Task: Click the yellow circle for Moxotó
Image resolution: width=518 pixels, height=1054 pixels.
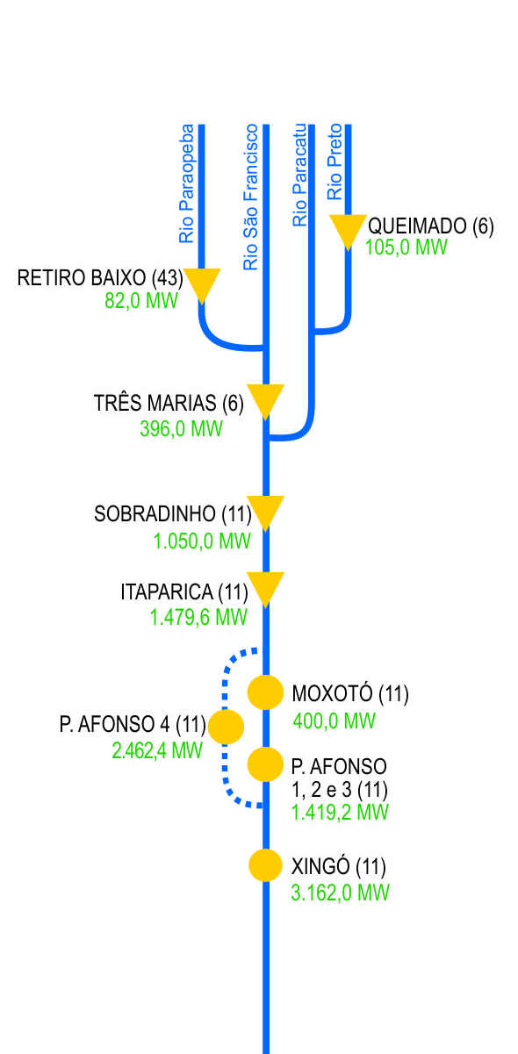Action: coord(266,692)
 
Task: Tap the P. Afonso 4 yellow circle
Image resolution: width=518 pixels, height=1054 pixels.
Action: coord(226,727)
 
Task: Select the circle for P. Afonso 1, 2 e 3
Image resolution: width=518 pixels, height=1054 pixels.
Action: coord(266,764)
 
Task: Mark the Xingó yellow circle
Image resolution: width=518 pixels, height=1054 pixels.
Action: coord(266,864)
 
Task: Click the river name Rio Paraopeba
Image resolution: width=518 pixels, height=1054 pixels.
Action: coord(186,183)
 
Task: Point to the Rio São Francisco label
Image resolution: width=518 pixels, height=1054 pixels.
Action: coord(250,197)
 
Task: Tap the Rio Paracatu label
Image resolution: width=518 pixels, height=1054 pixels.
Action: coord(299,175)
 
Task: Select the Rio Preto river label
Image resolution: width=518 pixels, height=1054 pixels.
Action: coord(335,161)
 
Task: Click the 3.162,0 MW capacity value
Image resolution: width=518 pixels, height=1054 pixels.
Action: coord(341,893)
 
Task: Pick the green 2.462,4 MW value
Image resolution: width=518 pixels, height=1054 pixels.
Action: coord(157,750)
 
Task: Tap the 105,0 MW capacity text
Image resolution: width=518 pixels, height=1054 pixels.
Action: coord(406,247)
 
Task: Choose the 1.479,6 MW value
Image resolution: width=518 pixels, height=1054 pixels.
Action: coord(198,617)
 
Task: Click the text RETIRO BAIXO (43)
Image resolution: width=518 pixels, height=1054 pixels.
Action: coord(100,277)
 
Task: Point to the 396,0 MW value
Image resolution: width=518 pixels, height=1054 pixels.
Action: coord(181,428)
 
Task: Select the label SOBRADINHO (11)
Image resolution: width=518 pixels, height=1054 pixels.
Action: coord(173,513)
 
